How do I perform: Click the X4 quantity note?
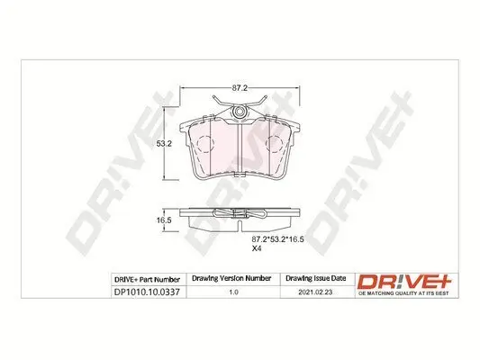pyautogui.click(x=257, y=247)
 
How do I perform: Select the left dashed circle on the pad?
pyautogui.click(x=207, y=142)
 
